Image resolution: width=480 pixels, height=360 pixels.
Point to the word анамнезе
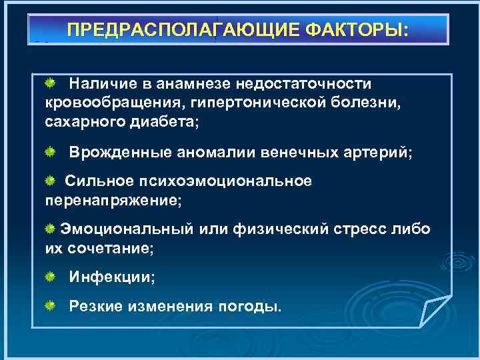[x=189, y=84]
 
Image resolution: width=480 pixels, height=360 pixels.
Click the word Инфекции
[x=112, y=277]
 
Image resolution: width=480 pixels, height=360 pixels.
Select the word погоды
[x=249, y=306]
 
